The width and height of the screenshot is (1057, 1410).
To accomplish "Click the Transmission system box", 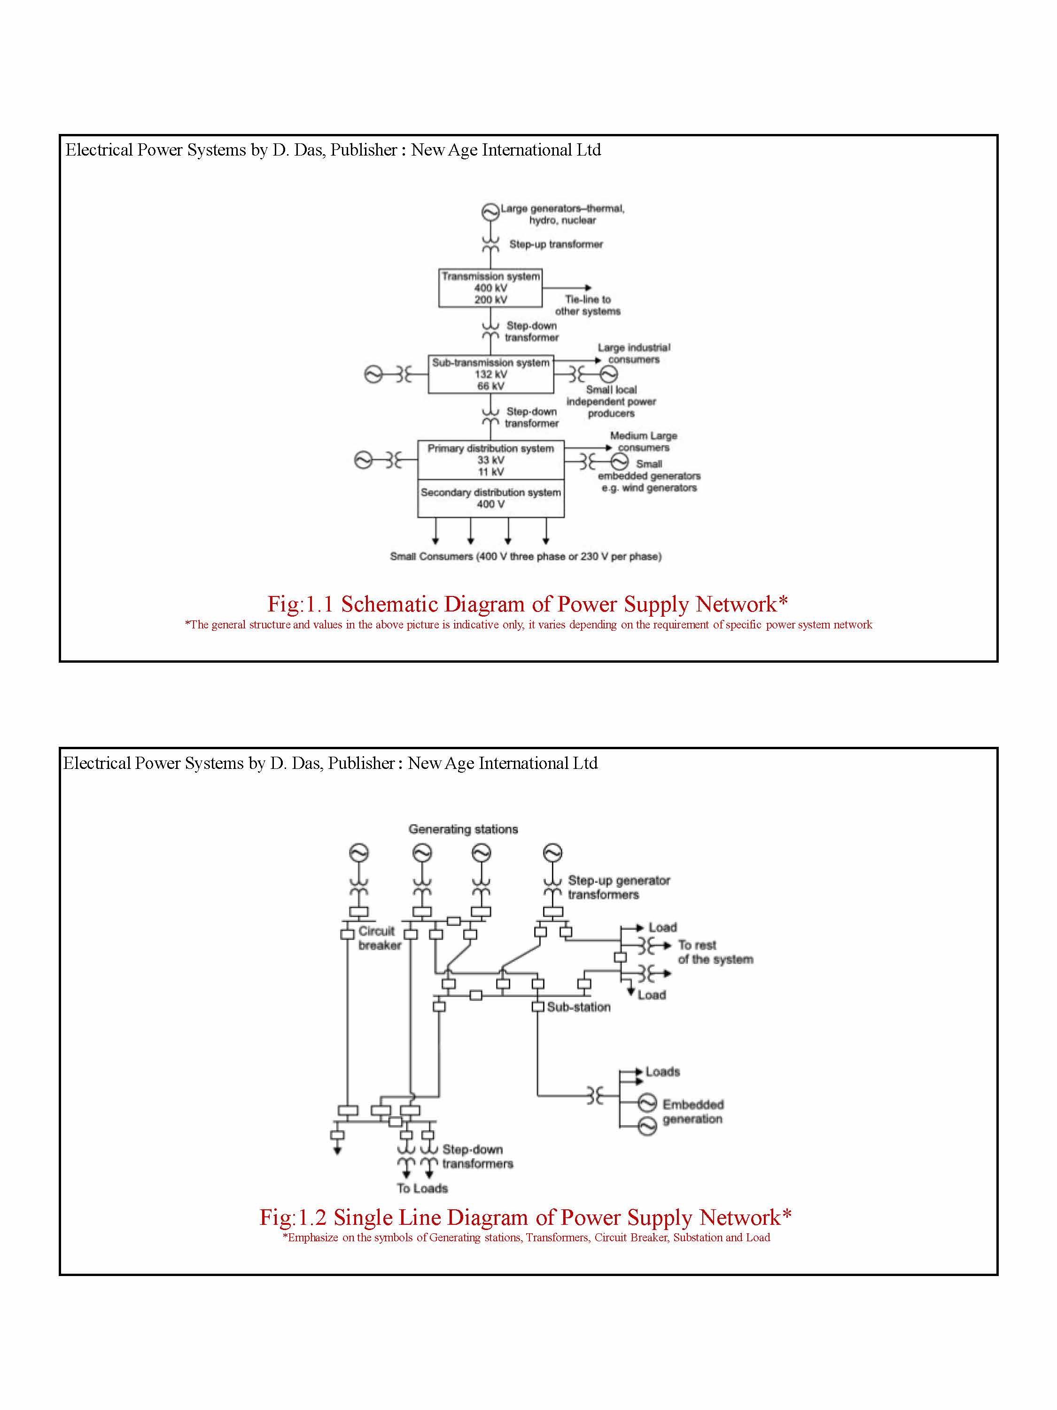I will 490,288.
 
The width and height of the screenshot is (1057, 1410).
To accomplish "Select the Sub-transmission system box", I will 490,374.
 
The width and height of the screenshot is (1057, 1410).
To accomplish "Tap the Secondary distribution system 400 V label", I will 490,498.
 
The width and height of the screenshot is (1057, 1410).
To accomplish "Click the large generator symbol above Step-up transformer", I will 490,211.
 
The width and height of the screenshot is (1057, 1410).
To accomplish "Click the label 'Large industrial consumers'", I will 633,353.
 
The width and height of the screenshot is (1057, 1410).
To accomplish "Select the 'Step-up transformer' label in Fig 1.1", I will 556,244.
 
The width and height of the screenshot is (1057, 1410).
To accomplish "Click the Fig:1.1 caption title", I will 528,603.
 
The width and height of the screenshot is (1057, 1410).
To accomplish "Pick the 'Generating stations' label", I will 463,829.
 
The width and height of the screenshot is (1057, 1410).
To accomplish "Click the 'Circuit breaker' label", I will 379,938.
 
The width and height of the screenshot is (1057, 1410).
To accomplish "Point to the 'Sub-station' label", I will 578,1007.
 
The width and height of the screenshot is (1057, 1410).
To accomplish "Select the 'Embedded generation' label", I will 692,1112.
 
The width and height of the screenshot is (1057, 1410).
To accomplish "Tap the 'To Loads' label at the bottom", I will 422,1188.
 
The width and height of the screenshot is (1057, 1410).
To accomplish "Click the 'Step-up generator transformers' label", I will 619,887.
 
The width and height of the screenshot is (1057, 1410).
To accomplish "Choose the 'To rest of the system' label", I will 715,952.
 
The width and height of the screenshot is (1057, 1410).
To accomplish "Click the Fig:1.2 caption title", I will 526,1217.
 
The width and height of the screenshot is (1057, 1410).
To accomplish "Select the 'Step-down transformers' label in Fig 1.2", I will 477,1156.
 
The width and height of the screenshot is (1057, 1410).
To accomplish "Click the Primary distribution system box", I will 490,460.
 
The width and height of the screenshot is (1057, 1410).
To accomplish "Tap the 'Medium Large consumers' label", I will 644,441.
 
